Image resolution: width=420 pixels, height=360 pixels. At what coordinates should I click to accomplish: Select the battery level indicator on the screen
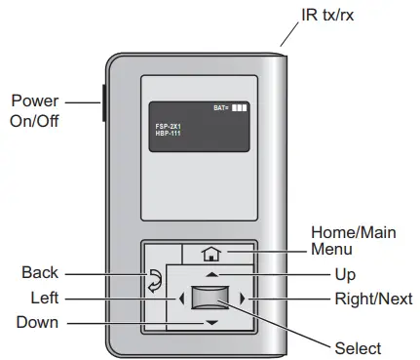[x=230, y=106]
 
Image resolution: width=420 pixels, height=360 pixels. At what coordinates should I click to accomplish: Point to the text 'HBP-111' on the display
[x=169, y=133]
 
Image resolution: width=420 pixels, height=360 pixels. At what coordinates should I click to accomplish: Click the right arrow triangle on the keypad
[x=244, y=298]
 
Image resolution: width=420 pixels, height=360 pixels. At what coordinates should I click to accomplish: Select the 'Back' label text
[x=40, y=272]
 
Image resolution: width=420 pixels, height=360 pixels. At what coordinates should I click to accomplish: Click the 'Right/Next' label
[x=366, y=298]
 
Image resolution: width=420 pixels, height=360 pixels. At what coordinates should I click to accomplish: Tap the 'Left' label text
[x=43, y=298]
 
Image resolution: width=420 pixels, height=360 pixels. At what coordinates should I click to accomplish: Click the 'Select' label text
[x=357, y=347]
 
